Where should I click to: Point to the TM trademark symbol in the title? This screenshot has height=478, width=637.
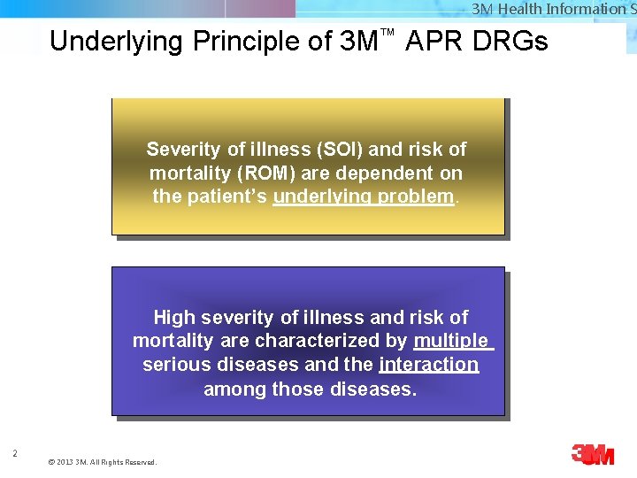pos(386,33)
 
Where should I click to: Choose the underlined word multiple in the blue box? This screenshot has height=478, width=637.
pos(450,341)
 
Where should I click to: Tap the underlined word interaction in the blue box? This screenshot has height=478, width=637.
pos(428,365)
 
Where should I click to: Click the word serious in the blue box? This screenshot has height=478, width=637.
pos(173,365)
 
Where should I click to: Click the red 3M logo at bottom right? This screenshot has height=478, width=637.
pos(592,455)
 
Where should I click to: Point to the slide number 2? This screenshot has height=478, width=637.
pos(15,454)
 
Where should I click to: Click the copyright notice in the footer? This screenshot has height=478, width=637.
pos(102,462)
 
